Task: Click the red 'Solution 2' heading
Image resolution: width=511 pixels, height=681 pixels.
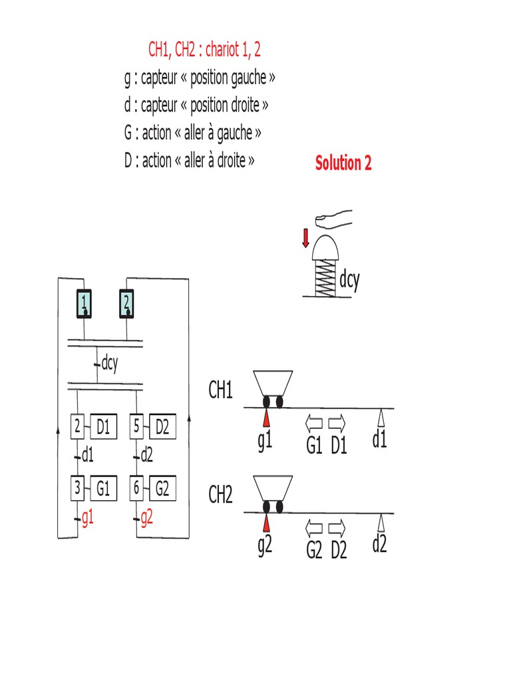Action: (x=343, y=164)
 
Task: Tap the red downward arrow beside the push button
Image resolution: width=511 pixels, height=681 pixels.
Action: (x=305, y=237)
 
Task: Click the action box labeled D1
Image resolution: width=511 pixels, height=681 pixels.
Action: (x=103, y=428)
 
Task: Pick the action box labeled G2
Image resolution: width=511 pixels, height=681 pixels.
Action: (x=162, y=489)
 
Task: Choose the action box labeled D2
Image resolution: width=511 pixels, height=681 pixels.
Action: (x=162, y=428)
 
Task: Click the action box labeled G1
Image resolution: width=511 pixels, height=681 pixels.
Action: (x=103, y=489)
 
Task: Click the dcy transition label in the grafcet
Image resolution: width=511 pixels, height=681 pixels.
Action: (x=109, y=364)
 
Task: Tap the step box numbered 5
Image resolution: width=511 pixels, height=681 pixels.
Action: (x=136, y=428)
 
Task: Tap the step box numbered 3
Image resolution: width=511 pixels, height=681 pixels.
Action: (x=77, y=489)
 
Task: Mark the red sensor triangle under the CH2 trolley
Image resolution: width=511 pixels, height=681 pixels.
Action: (x=266, y=522)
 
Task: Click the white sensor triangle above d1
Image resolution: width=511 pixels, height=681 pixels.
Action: (x=381, y=418)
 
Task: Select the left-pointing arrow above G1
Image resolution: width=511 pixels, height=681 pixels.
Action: (x=313, y=422)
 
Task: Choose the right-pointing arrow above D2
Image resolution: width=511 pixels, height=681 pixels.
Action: (x=338, y=528)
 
